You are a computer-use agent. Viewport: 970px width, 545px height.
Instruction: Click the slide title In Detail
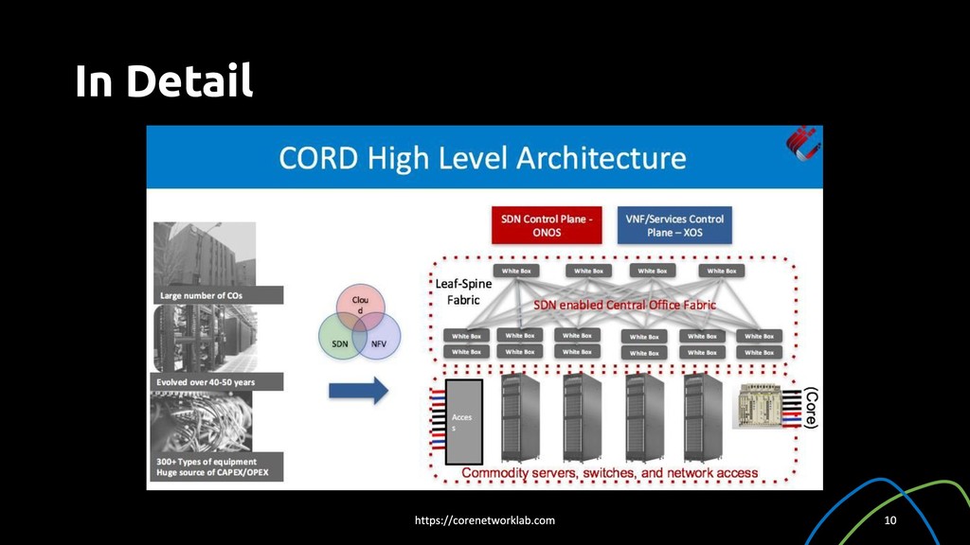pyautogui.click(x=164, y=81)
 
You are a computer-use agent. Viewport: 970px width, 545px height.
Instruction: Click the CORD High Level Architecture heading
pyautogui.click(x=482, y=157)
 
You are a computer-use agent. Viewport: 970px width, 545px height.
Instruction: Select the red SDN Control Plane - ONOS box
pyautogui.click(x=547, y=225)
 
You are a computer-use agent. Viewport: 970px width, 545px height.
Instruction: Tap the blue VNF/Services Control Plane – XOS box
pyautogui.click(x=674, y=225)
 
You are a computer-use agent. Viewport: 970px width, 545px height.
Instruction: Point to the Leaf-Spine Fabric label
pyautogui.click(x=463, y=291)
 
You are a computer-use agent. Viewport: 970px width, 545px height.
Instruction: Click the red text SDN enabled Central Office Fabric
pyautogui.click(x=624, y=305)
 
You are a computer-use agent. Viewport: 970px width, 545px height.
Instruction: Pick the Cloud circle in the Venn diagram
pyautogui.click(x=360, y=303)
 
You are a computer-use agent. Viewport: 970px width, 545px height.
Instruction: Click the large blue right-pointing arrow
pyautogui.click(x=359, y=390)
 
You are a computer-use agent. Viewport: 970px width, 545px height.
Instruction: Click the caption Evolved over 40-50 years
pyautogui.click(x=207, y=381)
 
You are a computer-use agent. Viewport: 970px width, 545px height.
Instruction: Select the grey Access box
pyautogui.click(x=464, y=421)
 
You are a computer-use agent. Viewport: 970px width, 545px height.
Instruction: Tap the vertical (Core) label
pyautogui.click(x=810, y=407)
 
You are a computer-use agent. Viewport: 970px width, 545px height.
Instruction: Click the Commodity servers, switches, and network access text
pyautogui.click(x=609, y=472)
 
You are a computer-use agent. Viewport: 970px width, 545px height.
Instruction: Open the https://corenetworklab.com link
pyautogui.click(x=485, y=520)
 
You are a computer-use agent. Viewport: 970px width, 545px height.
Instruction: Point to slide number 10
pyautogui.click(x=889, y=520)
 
